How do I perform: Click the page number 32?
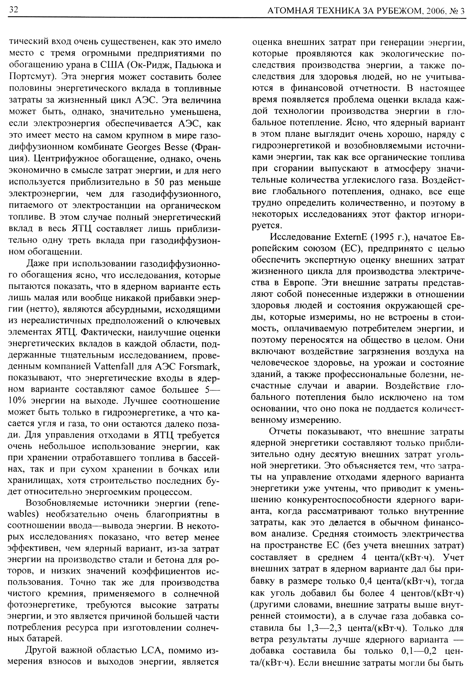[x=13, y=10]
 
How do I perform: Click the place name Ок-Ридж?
[x=148, y=65]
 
